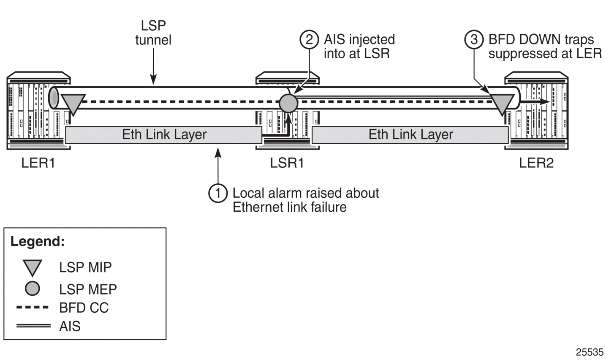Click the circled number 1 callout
click(x=218, y=193)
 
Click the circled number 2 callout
click(x=309, y=39)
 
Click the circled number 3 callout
click(x=474, y=39)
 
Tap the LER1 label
click(x=38, y=163)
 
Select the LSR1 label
click(x=287, y=163)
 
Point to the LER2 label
click(x=536, y=163)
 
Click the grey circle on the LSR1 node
click(x=289, y=103)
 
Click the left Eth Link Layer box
click(x=164, y=135)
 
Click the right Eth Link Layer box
click(x=410, y=135)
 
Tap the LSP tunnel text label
click(x=153, y=33)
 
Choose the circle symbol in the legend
click(x=33, y=289)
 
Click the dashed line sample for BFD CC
click(x=33, y=308)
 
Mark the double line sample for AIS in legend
click(x=33, y=326)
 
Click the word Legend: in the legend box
click(x=38, y=242)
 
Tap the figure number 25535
click(x=590, y=352)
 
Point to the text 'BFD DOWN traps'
click(x=541, y=39)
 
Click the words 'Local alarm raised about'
click(x=306, y=193)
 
